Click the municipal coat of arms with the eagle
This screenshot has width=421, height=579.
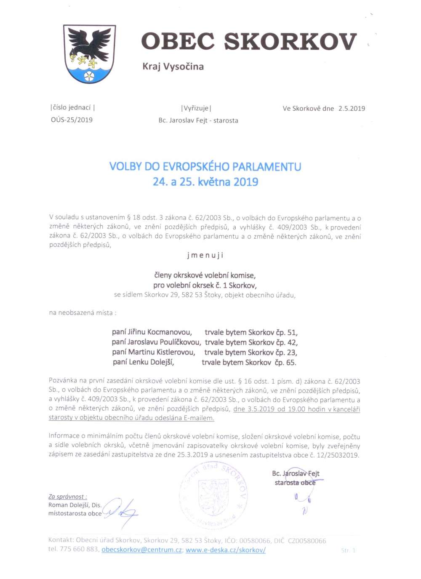(89, 53)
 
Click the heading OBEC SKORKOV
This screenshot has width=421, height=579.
(249, 42)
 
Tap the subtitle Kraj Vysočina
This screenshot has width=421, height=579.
(173, 67)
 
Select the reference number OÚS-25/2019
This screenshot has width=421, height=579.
(72, 120)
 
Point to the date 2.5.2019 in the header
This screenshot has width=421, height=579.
(352, 109)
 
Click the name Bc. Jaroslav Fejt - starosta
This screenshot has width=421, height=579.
(198, 120)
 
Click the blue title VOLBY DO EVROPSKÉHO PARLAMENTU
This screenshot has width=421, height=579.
(205, 166)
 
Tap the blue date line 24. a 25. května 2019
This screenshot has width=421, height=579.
(205, 182)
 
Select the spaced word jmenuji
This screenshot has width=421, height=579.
(205, 255)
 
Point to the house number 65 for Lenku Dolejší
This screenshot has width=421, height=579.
(291, 363)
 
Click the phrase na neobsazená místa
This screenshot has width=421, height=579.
(83, 313)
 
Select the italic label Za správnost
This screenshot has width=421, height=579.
(67, 497)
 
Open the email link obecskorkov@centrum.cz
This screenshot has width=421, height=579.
(141, 550)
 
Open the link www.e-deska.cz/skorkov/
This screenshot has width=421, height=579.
(225, 550)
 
